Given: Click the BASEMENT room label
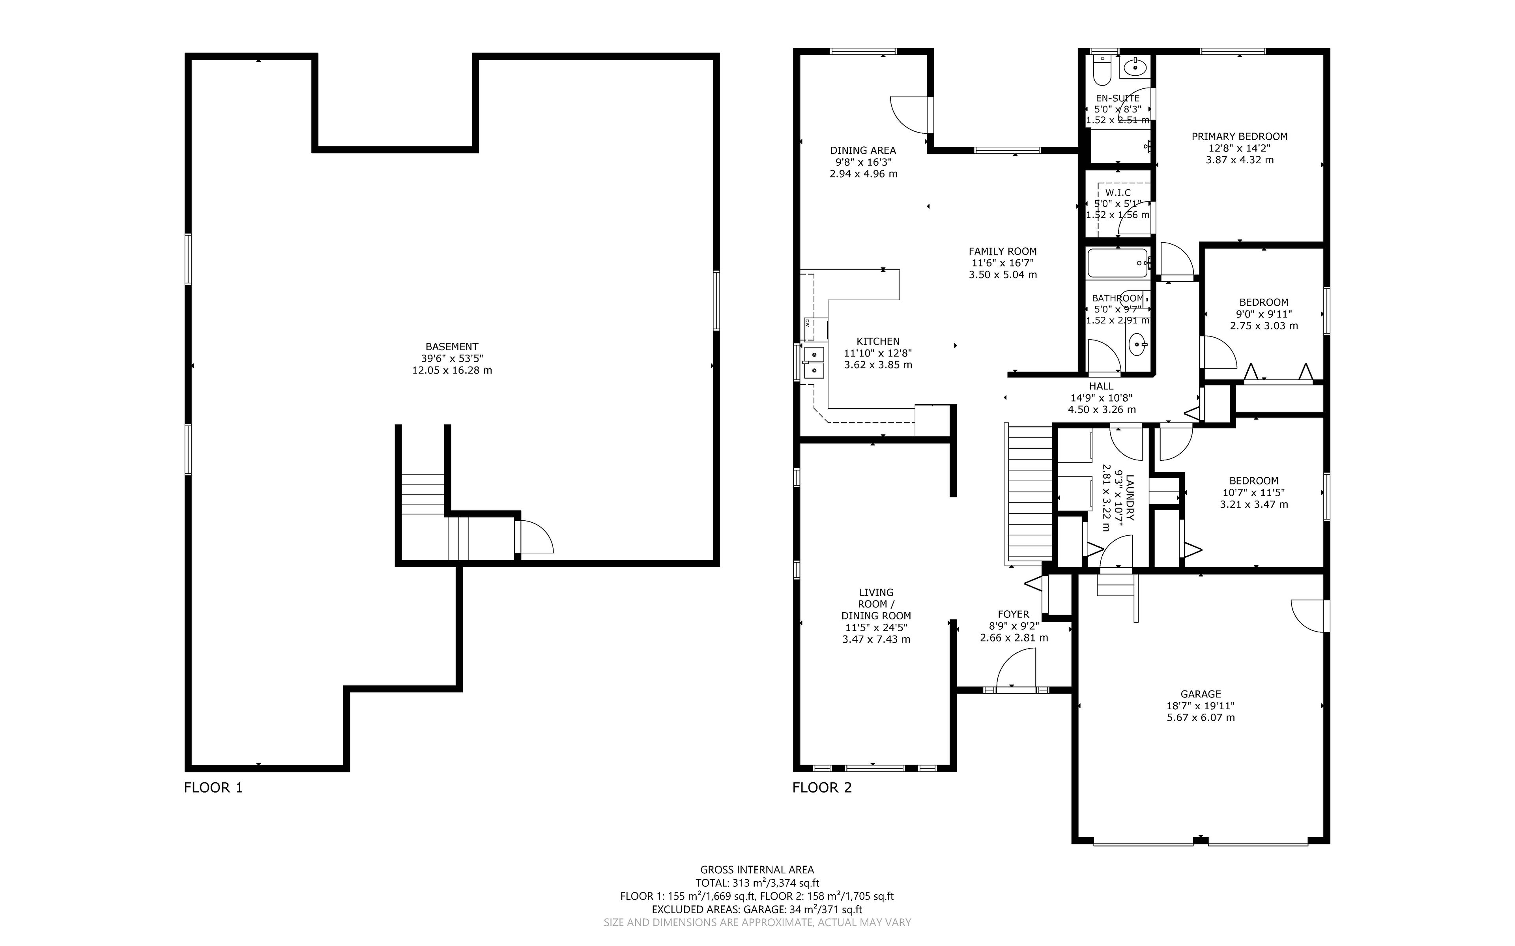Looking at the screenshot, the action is pyautogui.click(x=452, y=347).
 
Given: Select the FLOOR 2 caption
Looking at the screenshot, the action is pyautogui.click(x=822, y=788).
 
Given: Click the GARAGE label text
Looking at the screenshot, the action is pyautogui.click(x=1201, y=694).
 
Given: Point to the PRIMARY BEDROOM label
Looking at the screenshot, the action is pyautogui.click(x=1239, y=136).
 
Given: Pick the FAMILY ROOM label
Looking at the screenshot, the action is pyautogui.click(x=1003, y=252).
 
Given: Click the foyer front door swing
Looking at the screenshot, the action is pyautogui.click(x=1016, y=669).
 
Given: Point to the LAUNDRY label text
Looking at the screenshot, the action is pyautogui.click(x=1129, y=498).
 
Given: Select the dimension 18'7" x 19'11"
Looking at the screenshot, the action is pyautogui.click(x=1201, y=706).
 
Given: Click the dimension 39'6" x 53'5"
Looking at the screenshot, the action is pyautogui.click(x=452, y=359).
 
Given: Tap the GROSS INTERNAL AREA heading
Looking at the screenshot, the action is pyautogui.click(x=757, y=870).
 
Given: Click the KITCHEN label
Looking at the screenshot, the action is pyautogui.click(x=878, y=342).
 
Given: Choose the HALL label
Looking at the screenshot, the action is pyautogui.click(x=1101, y=387).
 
